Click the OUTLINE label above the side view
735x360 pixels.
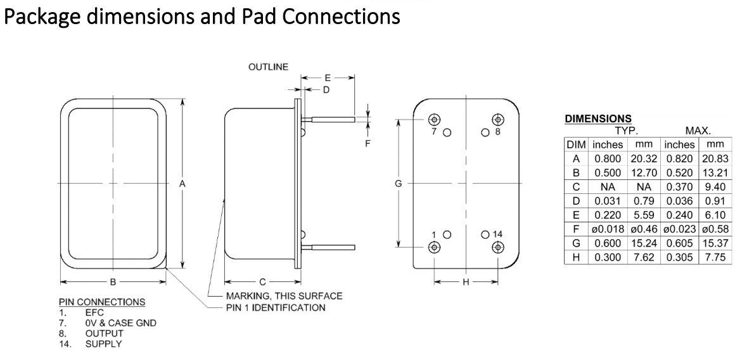269,67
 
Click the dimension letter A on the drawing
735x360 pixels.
182,183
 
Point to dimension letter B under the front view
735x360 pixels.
112,282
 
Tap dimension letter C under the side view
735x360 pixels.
262,282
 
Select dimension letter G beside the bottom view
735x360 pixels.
398,183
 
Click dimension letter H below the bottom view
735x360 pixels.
465,282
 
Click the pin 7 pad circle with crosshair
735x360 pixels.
434,119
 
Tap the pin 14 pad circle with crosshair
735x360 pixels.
497,247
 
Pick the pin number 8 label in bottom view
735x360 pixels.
497,132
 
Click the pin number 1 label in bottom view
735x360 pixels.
433,234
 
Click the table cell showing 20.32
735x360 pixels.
639,158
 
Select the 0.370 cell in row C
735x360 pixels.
679,187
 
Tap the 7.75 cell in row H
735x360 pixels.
713,257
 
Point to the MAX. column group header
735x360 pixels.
696,131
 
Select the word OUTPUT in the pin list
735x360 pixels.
105,333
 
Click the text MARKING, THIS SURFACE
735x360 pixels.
284,296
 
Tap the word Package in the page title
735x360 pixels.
44,16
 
